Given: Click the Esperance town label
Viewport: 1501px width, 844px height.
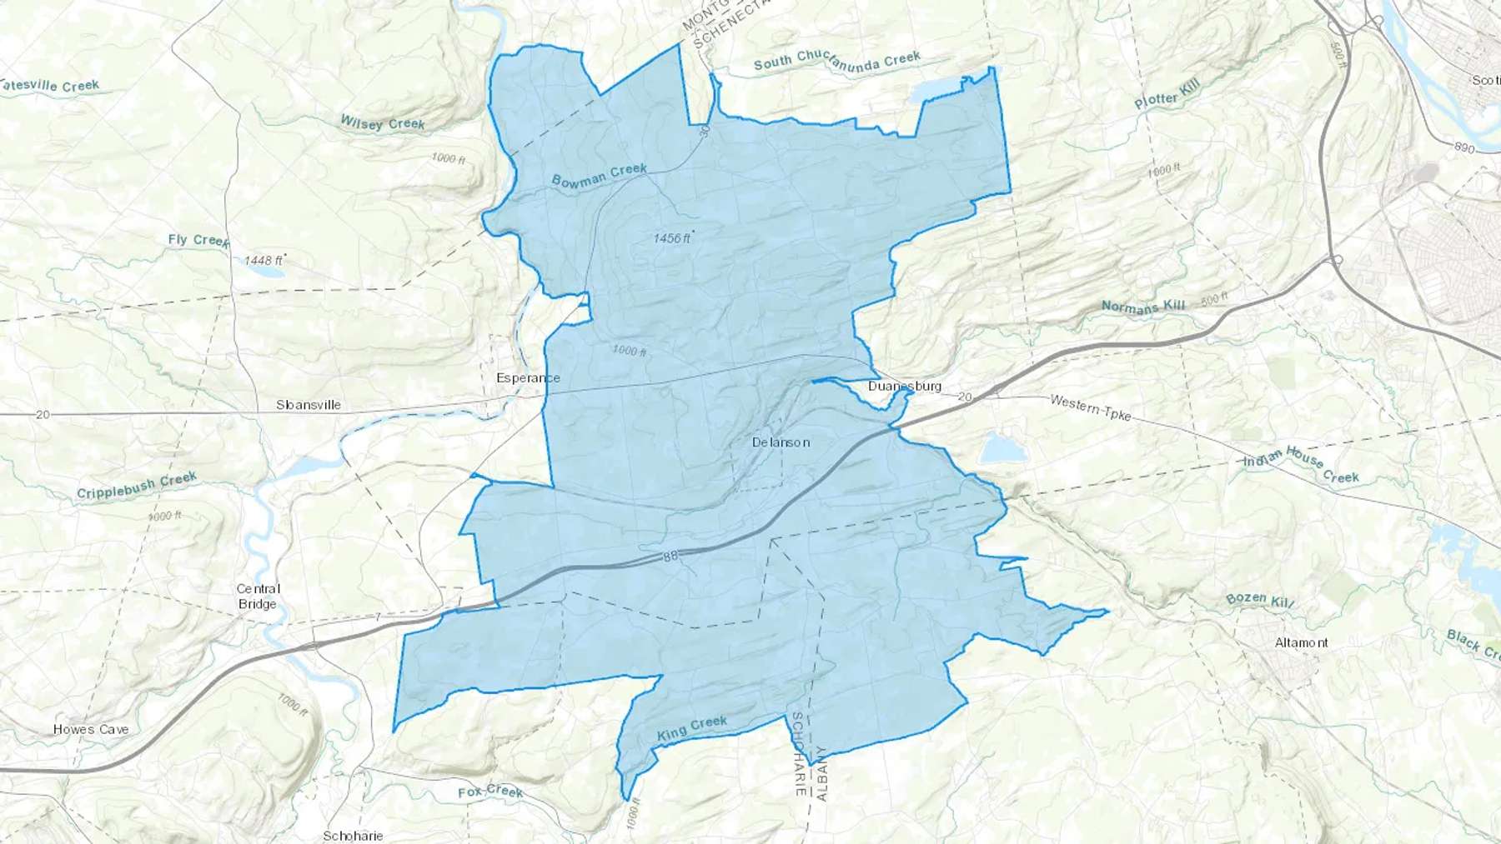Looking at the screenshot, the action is tap(528, 378).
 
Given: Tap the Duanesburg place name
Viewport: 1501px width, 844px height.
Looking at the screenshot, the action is tap(904, 386).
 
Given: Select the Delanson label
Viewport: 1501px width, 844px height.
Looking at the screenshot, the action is tap(781, 442).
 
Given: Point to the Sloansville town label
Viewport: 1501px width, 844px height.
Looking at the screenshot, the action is tap(309, 405).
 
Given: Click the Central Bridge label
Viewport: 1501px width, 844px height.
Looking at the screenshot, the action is tap(258, 597).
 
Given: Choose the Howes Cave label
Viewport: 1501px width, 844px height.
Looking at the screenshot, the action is tap(91, 729).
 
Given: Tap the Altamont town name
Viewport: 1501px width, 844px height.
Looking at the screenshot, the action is tap(1302, 642).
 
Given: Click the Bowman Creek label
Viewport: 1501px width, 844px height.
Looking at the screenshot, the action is tap(599, 175).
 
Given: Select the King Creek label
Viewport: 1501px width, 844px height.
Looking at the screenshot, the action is tap(692, 728).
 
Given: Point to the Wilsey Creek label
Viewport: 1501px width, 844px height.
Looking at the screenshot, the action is tap(382, 123).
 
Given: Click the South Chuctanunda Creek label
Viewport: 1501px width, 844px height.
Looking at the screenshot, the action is tap(836, 60).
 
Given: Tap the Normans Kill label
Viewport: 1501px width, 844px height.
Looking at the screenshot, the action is tap(1142, 307).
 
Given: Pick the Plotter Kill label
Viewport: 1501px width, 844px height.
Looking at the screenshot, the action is tap(1167, 96).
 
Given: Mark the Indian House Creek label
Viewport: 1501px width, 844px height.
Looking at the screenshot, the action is tap(1301, 465).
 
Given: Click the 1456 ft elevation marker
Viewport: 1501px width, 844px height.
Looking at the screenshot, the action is tap(672, 238).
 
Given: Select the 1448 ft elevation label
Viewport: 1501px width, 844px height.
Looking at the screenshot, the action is tap(264, 261).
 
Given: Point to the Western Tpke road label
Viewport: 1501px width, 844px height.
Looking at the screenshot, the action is tap(1090, 407).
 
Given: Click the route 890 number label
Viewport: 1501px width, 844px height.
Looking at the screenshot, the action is tap(1464, 147).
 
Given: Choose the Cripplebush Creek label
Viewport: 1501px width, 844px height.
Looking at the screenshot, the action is tap(137, 485).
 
